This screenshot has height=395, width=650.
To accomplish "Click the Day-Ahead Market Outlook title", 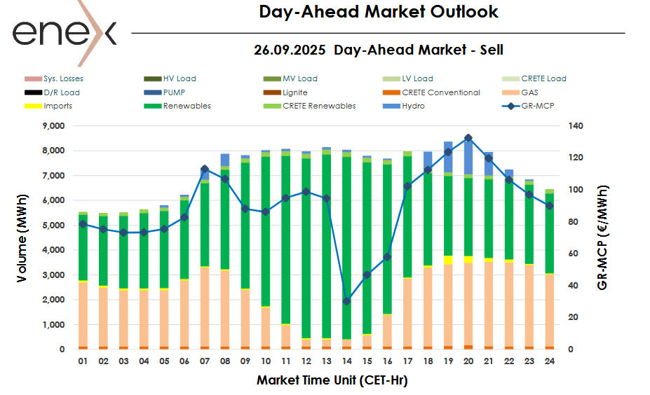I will pos(379,12).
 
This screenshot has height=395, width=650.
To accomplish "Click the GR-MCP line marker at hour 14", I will pos(346,301).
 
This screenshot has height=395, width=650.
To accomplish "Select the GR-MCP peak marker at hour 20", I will pos(468,138).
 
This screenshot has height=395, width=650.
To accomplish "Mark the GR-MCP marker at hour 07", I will pos(205,169).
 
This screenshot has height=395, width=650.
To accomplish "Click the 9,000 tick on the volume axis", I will pos(53,126).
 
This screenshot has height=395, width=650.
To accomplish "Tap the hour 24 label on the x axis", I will pos(549,362).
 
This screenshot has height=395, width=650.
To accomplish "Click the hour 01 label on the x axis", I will pos(83,362).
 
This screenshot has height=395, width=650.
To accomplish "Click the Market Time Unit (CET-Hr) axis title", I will pos(332,381).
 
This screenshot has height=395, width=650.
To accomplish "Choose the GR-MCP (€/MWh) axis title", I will pos(602,237).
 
